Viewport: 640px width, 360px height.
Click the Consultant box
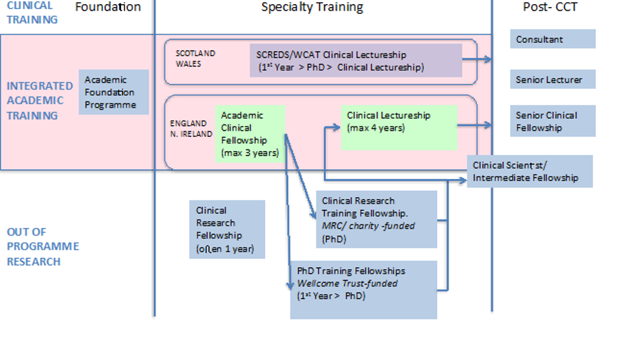click(553, 39)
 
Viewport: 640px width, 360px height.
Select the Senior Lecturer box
click(553, 80)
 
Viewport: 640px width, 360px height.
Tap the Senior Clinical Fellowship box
click(553, 122)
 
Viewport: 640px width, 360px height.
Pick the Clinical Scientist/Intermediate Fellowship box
click(529, 172)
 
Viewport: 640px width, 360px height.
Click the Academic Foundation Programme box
click(113, 92)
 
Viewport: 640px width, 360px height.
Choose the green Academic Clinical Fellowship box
click(250, 134)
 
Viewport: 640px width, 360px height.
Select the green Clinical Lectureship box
click(398, 127)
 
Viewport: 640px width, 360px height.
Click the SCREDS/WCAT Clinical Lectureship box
click(355, 61)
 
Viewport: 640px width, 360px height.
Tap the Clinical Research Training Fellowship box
click(376, 219)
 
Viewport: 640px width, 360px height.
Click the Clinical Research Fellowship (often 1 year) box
click(227, 229)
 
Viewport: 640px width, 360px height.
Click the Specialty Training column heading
click(312, 8)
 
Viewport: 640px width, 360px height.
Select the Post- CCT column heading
click(550, 8)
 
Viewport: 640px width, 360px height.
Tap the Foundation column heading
click(108, 8)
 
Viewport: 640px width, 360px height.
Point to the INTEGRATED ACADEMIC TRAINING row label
click(40, 101)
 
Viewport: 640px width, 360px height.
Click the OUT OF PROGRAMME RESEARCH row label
click(43, 247)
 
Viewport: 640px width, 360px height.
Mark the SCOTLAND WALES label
click(195, 59)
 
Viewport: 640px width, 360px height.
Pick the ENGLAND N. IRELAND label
click(191, 129)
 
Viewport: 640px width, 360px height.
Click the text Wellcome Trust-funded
click(347, 283)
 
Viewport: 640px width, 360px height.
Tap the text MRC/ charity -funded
click(368, 226)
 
